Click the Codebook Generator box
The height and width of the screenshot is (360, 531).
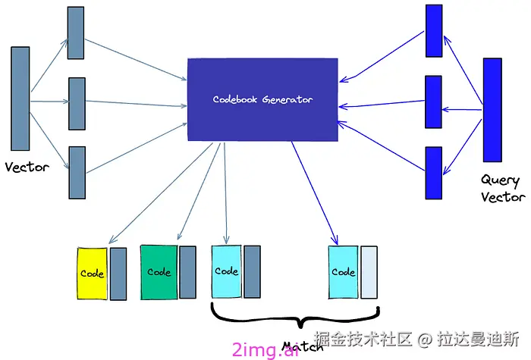pos(262,99)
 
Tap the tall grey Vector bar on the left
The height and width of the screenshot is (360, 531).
pos(20,99)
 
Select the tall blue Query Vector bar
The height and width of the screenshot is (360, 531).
pos(492,110)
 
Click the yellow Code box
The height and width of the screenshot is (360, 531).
pos(92,274)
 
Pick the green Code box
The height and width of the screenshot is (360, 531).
pos(159,271)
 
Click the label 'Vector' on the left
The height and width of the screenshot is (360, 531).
pos(27,167)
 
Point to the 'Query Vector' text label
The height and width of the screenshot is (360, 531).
pos(501,189)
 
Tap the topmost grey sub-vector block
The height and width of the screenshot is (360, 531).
pos(76,33)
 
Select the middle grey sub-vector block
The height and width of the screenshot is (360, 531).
pos(77,104)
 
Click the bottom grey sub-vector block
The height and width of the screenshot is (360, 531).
pos(77,173)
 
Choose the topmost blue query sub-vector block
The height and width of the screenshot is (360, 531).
pos(434,30)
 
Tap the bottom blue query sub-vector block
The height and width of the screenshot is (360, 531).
pos(433,174)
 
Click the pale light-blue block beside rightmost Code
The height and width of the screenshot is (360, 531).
pos(369,272)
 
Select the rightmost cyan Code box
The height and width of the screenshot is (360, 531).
pos(343,272)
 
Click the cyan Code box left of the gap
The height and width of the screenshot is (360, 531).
pos(226,271)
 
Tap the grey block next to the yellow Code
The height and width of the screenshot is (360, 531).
pos(118,274)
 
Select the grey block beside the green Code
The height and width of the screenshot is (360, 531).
pos(187,271)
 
